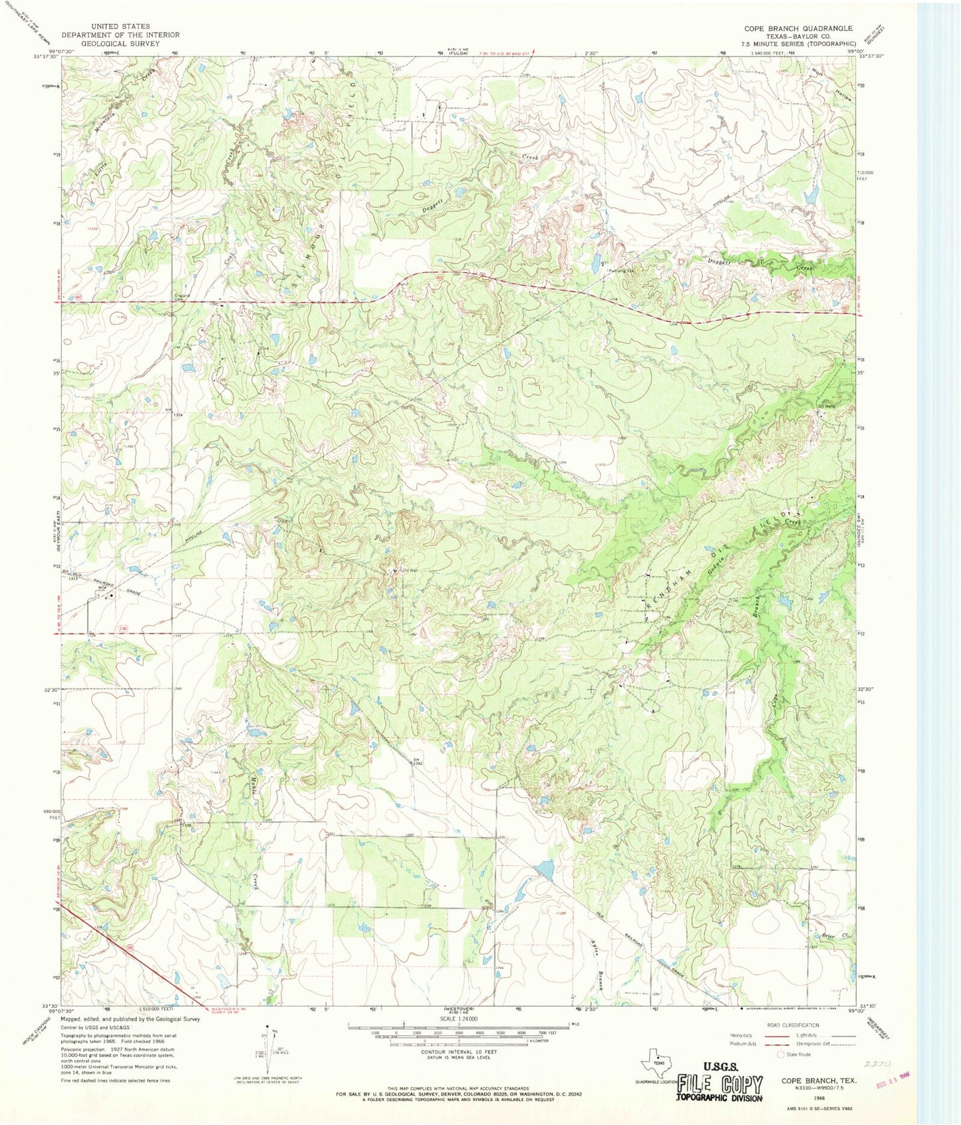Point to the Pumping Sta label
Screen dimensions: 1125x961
tap(619, 271)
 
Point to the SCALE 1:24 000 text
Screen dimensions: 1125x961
tap(458, 1019)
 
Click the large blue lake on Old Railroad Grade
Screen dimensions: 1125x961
tap(544, 869)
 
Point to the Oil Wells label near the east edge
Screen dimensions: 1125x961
tap(825, 406)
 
